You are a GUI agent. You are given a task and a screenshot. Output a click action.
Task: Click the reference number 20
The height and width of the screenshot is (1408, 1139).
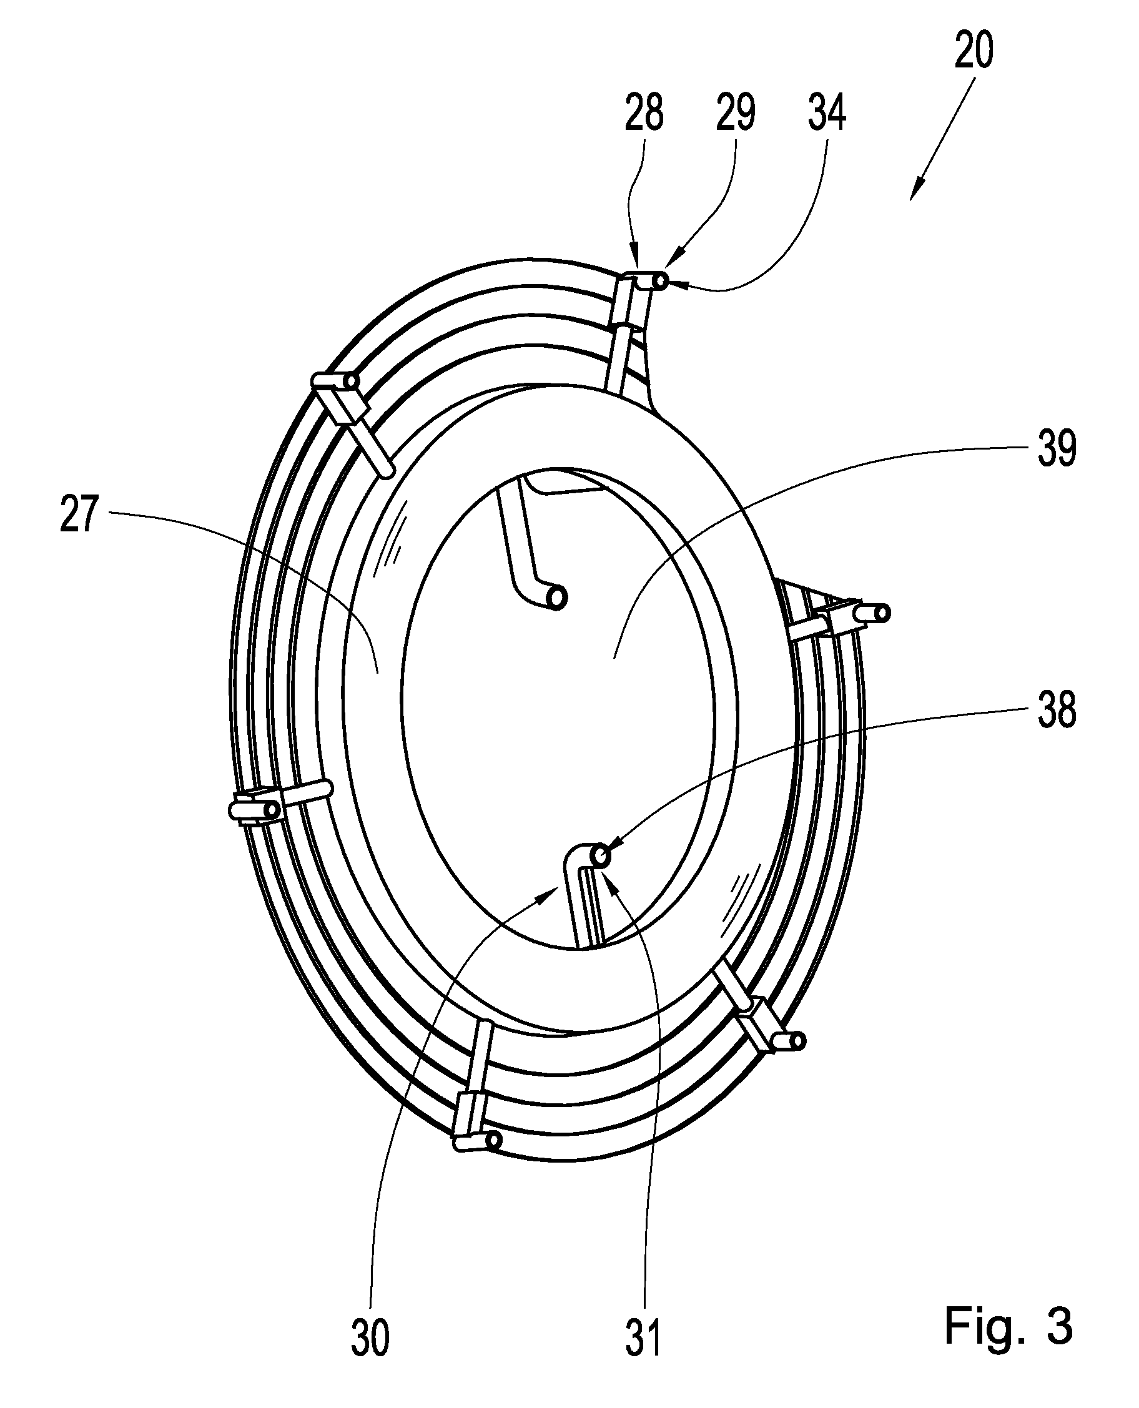coord(974,51)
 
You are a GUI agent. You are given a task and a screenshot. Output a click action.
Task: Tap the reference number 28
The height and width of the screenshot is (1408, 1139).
coord(644,112)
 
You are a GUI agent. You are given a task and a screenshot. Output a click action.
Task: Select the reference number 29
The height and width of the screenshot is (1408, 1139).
coord(735,112)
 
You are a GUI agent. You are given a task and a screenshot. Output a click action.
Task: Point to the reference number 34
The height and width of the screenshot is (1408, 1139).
coord(827,112)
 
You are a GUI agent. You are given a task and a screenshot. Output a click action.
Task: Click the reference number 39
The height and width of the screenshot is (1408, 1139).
coord(1057,449)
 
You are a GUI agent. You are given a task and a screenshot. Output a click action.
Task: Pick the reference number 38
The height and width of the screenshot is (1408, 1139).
coord(1057,710)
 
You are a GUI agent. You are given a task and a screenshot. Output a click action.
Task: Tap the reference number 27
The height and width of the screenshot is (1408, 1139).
coord(79,514)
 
